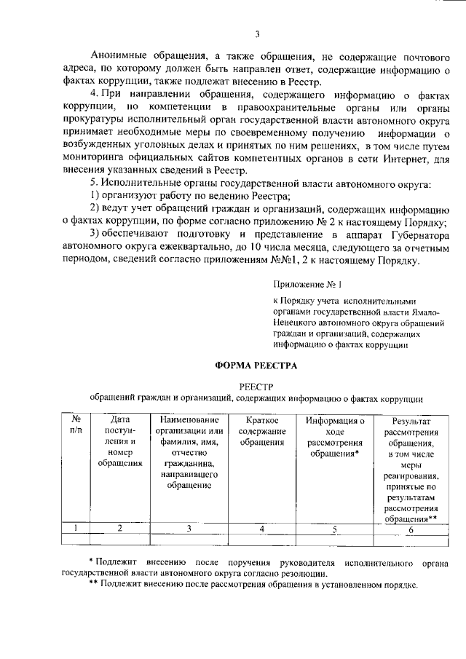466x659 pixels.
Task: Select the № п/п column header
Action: pos(76,425)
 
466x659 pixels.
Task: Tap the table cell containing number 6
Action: pos(411,529)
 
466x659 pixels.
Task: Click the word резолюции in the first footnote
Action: pos(299,575)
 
